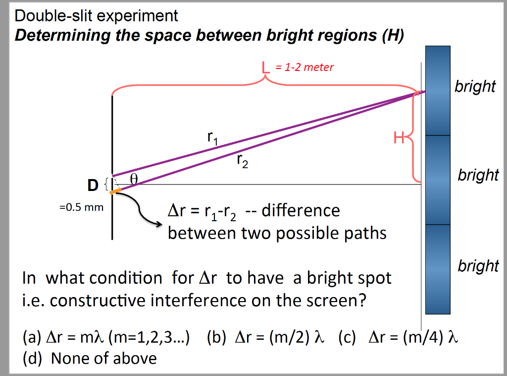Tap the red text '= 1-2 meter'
tap(304, 67)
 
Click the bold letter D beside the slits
tap(93, 186)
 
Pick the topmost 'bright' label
tap(475, 86)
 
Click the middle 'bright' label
tap(478, 175)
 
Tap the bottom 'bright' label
tap(478, 266)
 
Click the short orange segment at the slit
tap(115, 191)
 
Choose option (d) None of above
tap(90, 358)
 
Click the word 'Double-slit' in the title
tap(53, 16)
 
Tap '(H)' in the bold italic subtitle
tap(394, 36)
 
